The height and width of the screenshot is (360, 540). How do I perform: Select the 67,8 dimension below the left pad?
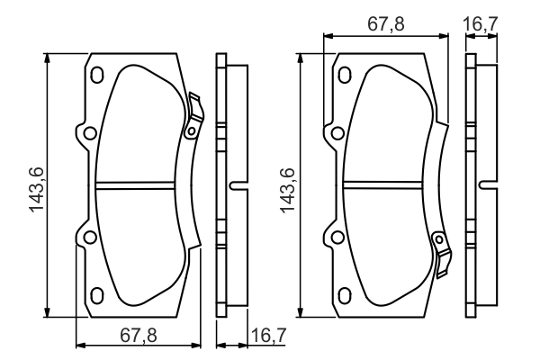(139, 335)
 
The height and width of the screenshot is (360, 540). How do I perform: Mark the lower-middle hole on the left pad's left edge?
(87, 238)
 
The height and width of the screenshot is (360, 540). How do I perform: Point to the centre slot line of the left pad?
(139, 186)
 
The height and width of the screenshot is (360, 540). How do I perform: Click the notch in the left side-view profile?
(237, 186)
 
